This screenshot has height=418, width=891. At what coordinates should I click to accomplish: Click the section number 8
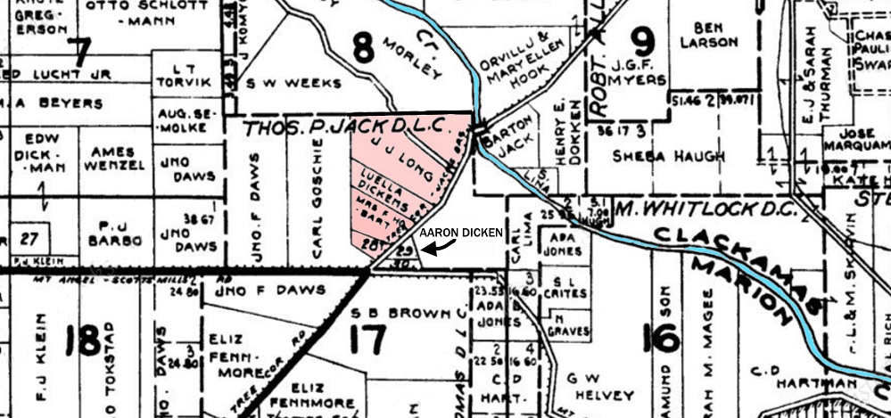(363, 46)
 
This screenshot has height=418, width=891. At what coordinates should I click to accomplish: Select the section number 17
(367, 339)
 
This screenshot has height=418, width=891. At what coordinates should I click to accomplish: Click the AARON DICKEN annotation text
(461, 232)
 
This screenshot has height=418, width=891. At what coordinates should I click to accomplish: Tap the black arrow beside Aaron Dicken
(431, 249)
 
